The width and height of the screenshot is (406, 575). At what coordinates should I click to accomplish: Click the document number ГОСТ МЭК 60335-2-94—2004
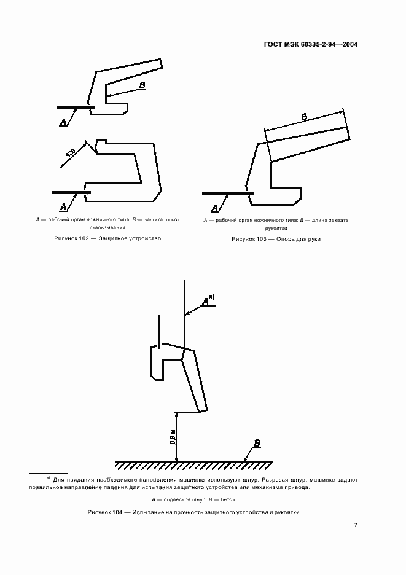(311, 44)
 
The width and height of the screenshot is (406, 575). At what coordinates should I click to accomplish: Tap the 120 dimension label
(71, 152)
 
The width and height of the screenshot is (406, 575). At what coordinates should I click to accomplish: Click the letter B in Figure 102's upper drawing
(142, 85)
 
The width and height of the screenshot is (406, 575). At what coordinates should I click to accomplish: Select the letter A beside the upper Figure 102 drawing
(63, 122)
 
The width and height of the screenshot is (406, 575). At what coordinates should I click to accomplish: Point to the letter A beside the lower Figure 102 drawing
(63, 207)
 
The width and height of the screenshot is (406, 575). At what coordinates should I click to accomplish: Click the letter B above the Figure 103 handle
(305, 117)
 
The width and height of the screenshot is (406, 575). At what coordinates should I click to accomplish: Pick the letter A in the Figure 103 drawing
(215, 208)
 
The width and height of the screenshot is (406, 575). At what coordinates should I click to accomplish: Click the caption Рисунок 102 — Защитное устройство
(107, 238)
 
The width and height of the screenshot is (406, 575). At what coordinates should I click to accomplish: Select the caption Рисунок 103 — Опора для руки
(276, 239)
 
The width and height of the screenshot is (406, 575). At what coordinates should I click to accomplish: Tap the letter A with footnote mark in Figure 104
(208, 300)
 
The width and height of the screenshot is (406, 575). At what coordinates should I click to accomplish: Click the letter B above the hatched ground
(257, 444)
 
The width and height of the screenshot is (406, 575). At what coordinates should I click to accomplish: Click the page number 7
(356, 525)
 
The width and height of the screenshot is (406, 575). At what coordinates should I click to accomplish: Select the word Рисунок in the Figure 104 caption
(99, 512)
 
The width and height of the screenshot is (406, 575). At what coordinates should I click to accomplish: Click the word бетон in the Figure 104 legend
(228, 499)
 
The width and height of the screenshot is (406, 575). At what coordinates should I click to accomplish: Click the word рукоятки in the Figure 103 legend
(276, 228)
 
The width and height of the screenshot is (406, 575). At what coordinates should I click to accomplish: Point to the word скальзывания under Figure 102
(107, 227)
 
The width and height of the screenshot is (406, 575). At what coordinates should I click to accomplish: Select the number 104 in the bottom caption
(117, 512)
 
